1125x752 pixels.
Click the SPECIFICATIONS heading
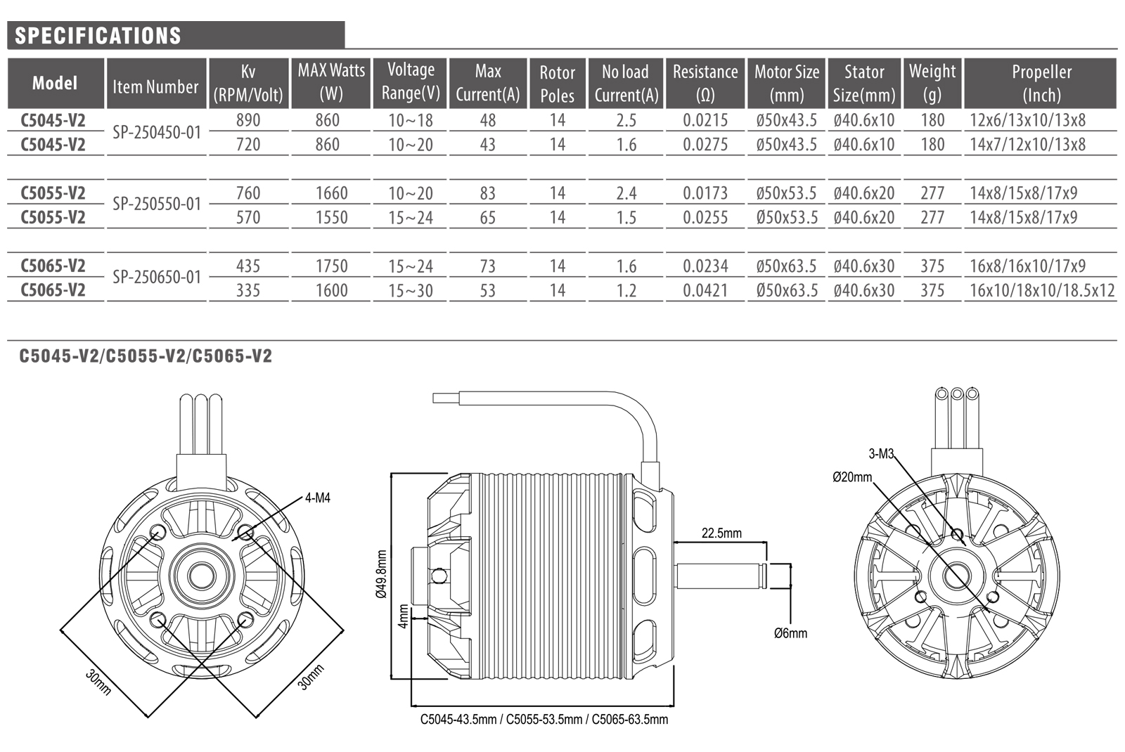click(98, 36)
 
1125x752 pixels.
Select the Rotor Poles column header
click(557, 84)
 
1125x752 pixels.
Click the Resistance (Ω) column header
click(705, 84)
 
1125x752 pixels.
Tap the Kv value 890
click(248, 120)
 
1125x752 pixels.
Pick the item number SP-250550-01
click(157, 205)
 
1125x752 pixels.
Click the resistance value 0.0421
click(705, 291)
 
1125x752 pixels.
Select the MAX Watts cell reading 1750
click(331, 266)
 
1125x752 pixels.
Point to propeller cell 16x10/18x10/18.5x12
click(1042, 291)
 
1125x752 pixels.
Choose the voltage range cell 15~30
click(411, 291)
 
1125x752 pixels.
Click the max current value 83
click(487, 193)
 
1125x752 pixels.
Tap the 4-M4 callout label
click(317, 498)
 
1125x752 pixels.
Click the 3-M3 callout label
click(880, 454)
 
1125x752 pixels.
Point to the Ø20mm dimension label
click(852, 477)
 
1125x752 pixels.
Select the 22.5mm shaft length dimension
click(721, 533)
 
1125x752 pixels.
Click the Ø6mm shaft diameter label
click(790, 633)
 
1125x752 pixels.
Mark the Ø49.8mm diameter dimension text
click(382, 573)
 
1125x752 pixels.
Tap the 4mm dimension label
click(403, 616)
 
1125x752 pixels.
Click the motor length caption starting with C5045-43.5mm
click(544, 720)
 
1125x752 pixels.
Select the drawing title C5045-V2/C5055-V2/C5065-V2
click(146, 356)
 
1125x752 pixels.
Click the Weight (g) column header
click(932, 84)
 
